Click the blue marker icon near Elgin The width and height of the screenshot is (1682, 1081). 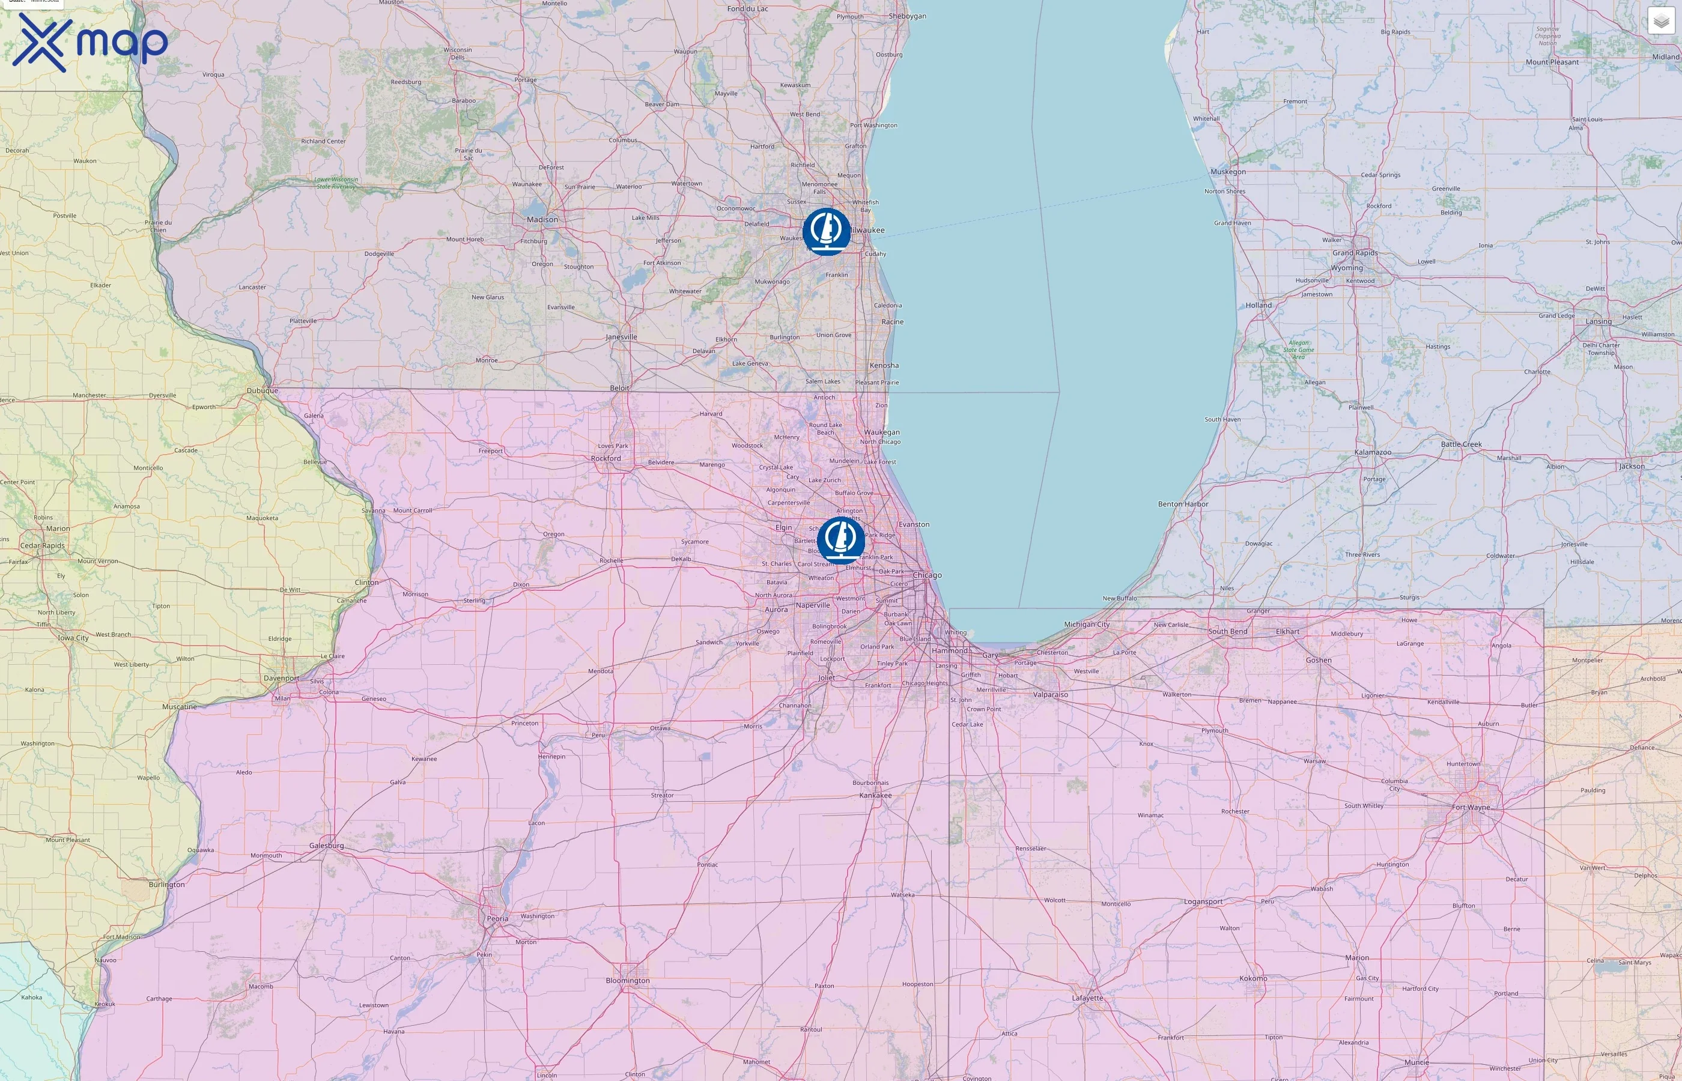pos(840,540)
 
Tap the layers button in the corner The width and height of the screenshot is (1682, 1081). pos(1660,21)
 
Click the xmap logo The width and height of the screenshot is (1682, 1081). pos(90,42)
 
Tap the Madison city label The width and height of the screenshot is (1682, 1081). pos(542,220)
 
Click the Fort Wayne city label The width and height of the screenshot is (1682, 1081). pos(1470,807)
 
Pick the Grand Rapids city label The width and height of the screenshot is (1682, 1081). pos(1355,253)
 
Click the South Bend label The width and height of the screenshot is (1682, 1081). pos(1227,631)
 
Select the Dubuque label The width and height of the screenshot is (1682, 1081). pos(262,390)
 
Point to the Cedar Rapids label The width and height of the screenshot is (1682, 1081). pos(42,545)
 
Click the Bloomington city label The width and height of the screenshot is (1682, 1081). pos(628,981)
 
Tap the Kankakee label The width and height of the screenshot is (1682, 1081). pos(875,795)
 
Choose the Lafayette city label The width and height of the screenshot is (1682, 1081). pos(1087,998)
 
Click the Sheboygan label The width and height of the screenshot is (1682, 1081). pos(907,16)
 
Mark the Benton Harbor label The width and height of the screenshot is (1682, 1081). pos(1183,504)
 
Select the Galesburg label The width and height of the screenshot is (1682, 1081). pos(326,845)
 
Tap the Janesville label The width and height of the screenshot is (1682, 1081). pos(621,337)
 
